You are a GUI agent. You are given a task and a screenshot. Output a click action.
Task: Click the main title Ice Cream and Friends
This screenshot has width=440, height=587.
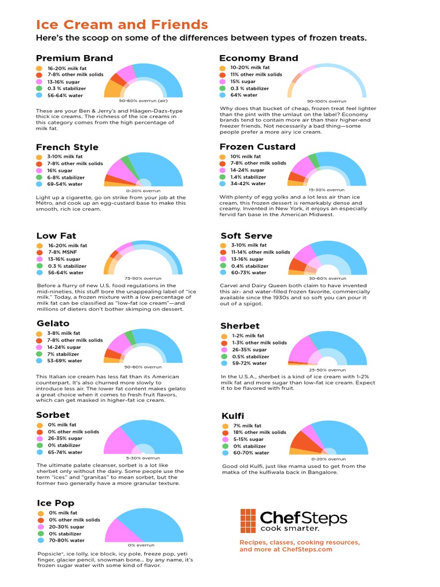pyautogui.click(x=121, y=25)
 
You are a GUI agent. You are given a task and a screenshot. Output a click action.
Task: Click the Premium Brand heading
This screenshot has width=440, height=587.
pyautogui.click(x=74, y=58)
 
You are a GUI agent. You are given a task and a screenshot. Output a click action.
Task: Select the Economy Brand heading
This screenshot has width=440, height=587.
pyautogui.click(x=258, y=58)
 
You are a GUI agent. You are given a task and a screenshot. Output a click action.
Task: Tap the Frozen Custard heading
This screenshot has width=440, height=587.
pyautogui.click(x=258, y=147)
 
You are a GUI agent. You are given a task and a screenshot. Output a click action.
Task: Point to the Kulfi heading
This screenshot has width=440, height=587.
pyautogui.click(x=233, y=415)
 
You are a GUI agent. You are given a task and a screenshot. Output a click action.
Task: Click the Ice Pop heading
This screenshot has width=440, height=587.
pyautogui.click(x=56, y=503)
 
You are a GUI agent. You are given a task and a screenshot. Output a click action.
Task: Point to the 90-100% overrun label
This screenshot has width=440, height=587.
pyautogui.click(x=327, y=101)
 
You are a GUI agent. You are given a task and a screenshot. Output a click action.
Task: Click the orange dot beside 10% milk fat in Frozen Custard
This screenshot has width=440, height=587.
pyautogui.click(x=223, y=156)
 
